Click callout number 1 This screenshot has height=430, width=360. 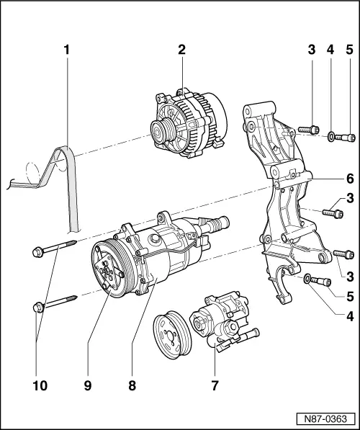coord(66,51)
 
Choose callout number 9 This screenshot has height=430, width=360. coord(87,385)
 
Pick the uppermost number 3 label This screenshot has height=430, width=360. coord(311,51)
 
